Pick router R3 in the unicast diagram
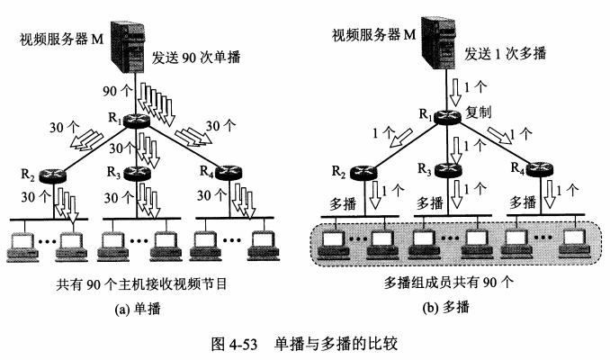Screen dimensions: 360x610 pos(138,174)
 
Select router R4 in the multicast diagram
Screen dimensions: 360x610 pos(539,169)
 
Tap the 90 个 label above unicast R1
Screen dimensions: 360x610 pos(115,91)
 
